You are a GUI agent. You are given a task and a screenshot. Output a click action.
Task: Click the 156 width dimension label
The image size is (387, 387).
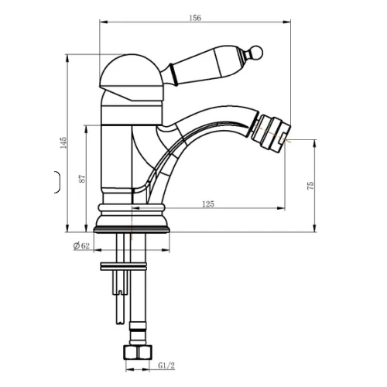click(x=195, y=18)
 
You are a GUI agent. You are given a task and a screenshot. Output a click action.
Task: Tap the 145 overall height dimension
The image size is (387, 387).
click(x=63, y=142)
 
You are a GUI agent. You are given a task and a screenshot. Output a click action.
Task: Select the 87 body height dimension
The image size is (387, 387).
click(x=82, y=179)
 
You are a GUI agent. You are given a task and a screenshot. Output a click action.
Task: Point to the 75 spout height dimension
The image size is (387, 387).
click(x=310, y=186)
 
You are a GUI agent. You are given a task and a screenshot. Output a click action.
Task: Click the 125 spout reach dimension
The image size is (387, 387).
click(x=208, y=204)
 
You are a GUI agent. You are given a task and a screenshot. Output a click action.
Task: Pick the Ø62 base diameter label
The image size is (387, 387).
click(x=81, y=246)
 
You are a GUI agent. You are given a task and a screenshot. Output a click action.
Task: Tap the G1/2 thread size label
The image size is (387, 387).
click(x=166, y=365)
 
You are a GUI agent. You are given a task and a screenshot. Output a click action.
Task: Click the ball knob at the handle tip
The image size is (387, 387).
click(x=256, y=52)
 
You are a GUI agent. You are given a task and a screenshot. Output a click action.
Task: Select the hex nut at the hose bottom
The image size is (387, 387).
click(x=139, y=352)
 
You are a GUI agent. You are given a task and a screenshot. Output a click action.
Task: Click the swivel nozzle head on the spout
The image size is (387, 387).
click(x=271, y=132)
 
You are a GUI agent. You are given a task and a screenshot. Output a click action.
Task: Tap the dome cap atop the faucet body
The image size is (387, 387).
click(x=132, y=77)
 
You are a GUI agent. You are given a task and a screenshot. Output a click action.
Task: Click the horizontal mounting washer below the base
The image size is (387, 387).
click(x=123, y=266)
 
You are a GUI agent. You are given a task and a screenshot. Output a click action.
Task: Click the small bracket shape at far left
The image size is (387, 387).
click(x=58, y=182)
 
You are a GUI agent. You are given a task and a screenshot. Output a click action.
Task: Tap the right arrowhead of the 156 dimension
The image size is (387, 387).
click(x=287, y=22)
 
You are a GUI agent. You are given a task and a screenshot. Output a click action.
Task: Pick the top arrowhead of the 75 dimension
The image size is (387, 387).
click(x=315, y=144)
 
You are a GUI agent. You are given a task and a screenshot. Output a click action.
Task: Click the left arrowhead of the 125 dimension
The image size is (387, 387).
click(x=136, y=208)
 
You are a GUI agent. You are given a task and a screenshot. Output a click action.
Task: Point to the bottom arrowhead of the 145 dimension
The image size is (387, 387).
click(x=67, y=228)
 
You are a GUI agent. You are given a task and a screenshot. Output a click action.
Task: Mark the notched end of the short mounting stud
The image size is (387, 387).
click(x=120, y=292)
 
